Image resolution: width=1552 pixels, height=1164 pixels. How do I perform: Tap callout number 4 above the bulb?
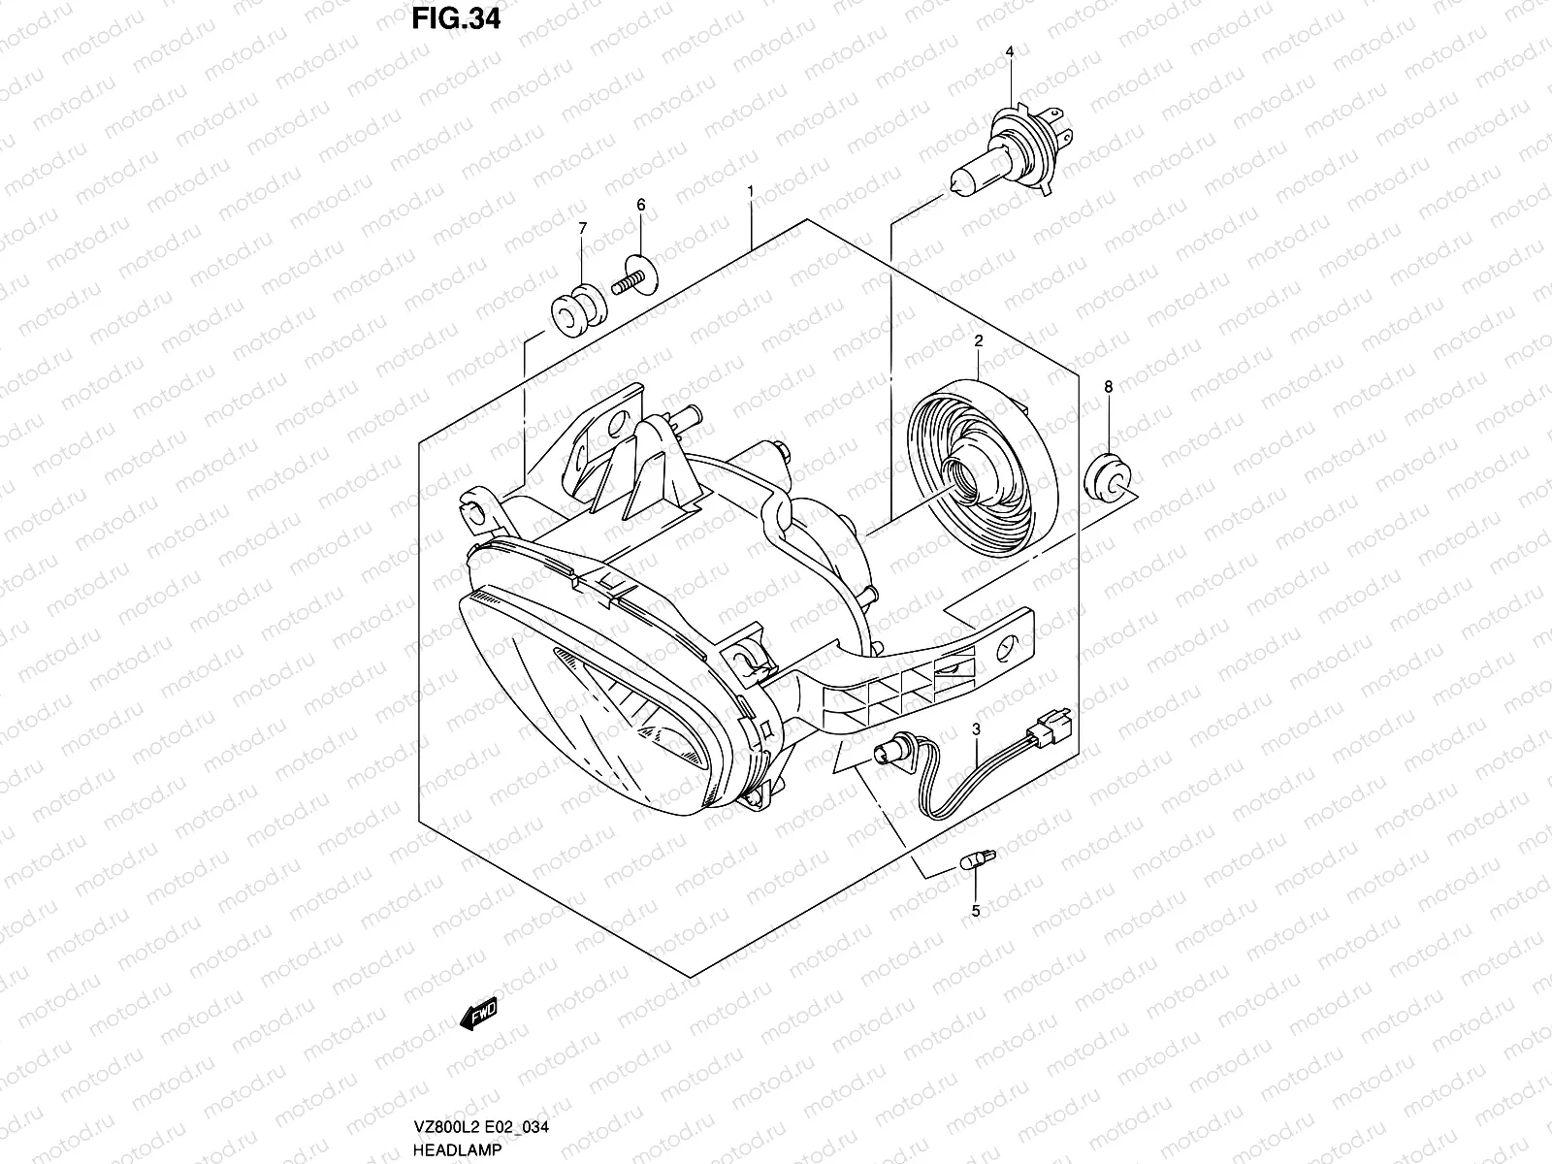1010,51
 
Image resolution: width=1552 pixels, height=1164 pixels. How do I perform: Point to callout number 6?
640,205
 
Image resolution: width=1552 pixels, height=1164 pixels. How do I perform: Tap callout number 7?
582,228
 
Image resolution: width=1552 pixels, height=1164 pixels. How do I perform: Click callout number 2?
979,340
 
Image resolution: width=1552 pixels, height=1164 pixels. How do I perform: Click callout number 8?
1108,387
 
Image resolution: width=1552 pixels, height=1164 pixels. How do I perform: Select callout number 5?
976,911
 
